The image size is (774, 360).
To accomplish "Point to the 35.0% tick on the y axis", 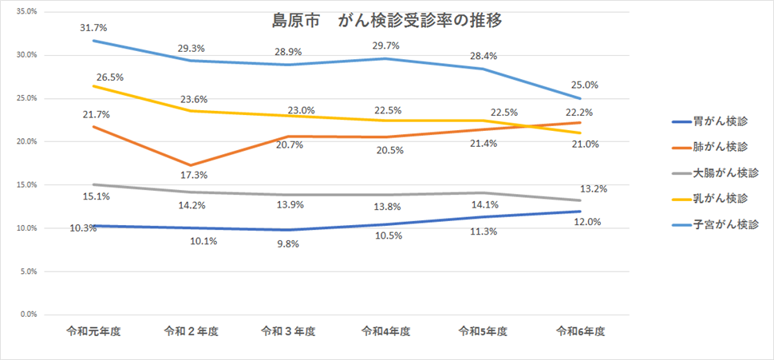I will click(x=26, y=12).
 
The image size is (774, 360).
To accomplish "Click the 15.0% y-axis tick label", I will click(x=26, y=185).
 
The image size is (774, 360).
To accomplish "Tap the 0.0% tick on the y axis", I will click(x=29, y=315).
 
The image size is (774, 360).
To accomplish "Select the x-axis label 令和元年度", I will click(x=93, y=330).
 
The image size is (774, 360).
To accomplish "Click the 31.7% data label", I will click(x=93, y=28).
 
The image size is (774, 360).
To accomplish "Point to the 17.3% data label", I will click(x=192, y=175).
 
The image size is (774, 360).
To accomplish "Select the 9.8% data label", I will click(x=288, y=244).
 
